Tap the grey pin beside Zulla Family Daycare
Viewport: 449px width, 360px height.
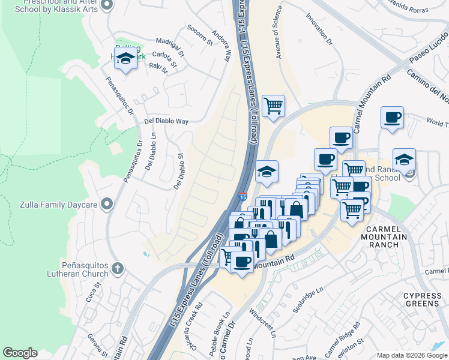(106, 205)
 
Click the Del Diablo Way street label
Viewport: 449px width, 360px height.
(166, 121)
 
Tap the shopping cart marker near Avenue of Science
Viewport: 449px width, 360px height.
(273, 106)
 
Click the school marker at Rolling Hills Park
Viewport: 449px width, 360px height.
(125, 59)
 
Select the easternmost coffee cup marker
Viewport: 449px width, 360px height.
(392, 118)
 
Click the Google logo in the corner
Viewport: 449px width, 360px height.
(20, 353)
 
